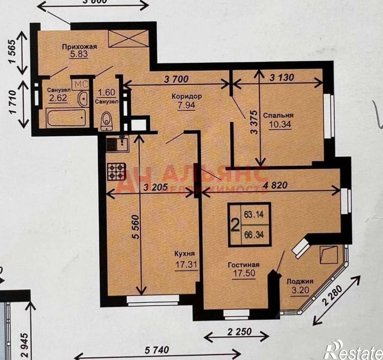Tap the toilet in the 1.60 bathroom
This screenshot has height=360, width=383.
(106, 120)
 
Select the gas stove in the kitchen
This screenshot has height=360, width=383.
(116, 170)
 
